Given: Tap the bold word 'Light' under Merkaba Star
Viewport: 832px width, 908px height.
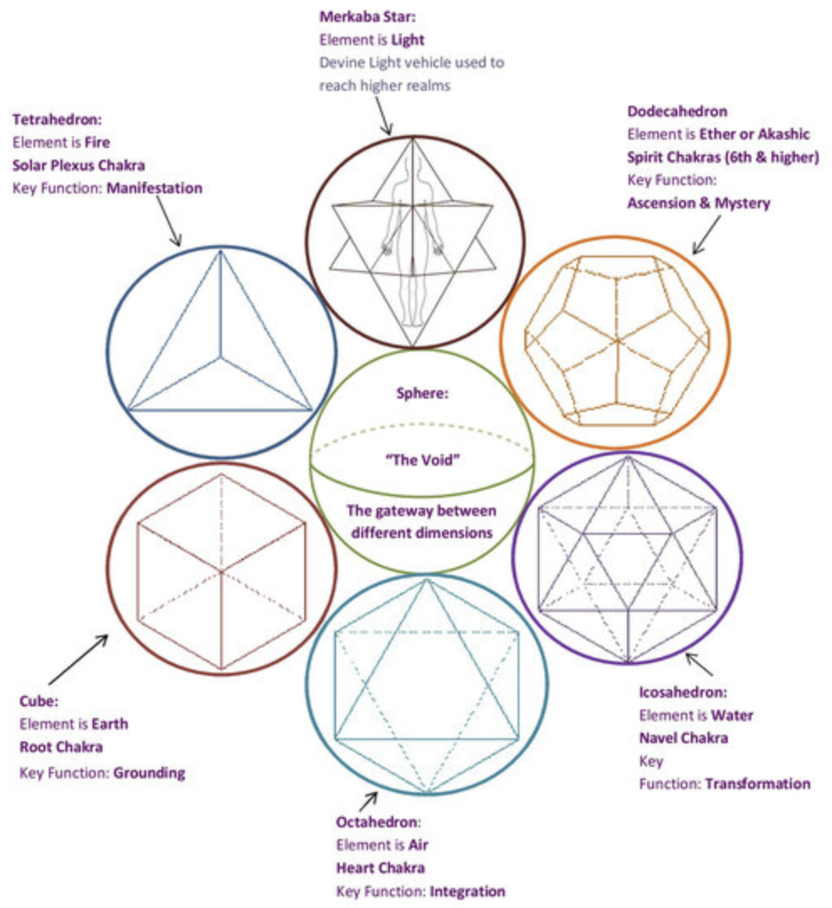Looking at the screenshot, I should (408, 39).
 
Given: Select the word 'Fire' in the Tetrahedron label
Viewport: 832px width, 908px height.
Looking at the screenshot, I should (97, 142).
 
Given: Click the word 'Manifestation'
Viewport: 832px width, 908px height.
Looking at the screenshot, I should (154, 188).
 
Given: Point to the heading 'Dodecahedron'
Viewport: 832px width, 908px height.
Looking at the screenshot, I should (677, 111).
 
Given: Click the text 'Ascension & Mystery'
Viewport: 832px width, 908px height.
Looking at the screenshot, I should (698, 203).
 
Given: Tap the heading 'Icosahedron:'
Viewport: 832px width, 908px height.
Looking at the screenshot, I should (682, 693).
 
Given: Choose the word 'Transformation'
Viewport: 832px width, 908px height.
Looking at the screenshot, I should (758, 784).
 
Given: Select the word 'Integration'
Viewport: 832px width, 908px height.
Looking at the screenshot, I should (467, 890).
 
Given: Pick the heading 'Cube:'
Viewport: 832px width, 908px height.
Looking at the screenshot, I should (39, 699).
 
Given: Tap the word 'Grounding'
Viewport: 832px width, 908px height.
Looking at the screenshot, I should (149, 773).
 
